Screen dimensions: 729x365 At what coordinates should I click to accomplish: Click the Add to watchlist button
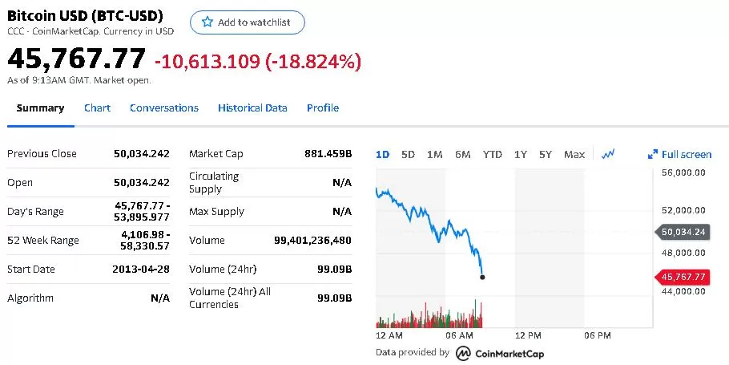click(x=248, y=22)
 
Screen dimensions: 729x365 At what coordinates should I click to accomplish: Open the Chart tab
click(x=97, y=108)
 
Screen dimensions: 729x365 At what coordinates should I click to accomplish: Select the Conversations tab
click(x=164, y=108)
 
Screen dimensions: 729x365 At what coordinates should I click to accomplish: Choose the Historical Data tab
click(x=252, y=108)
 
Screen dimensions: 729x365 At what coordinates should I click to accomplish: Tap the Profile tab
click(x=323, y=108)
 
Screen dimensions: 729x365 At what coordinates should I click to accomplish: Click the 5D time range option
click(x=408, y=155)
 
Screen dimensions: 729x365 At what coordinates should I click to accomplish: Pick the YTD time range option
click(x=493, y=155)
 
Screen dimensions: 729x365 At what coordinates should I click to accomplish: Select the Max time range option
click(x=574, y=155)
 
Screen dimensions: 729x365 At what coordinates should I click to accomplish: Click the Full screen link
click(x=679, y=155)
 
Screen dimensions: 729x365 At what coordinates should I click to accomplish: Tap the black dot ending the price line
click(x=482, y=277)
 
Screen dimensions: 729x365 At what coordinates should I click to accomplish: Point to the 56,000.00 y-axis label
click(x=683, y=172)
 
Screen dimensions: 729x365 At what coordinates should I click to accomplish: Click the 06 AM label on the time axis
click(x=459, y=335)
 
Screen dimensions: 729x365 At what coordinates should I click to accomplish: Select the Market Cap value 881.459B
click(x=328, y=154)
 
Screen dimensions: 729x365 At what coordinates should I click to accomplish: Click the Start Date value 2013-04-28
click(x=141, y=269)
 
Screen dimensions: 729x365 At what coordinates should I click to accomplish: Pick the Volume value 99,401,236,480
click(x=313, y=240)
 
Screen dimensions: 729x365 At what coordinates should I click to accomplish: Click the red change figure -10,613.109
click(x=207, y=62)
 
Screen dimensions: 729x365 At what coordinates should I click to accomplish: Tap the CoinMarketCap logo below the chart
click(x=500, y=353)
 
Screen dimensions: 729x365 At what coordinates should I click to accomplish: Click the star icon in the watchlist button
click(x=207, y=22)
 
